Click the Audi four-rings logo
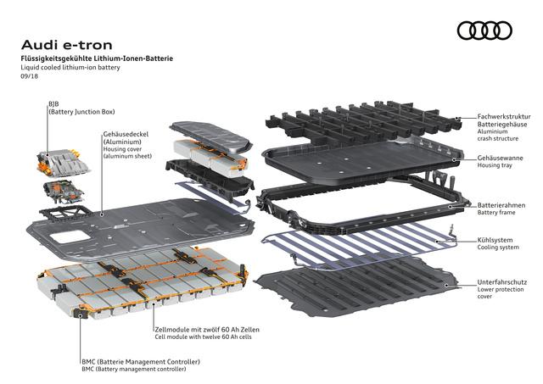484,31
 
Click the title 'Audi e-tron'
67,45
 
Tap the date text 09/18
30,76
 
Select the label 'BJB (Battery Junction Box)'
81,108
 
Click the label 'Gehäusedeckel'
126,134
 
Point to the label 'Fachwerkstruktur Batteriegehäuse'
504,120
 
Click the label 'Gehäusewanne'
500,159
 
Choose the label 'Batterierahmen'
501,205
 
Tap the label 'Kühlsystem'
495,240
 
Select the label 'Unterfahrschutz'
502,282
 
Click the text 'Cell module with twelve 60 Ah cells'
204,337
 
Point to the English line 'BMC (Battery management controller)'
134,369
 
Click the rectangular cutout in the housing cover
70,237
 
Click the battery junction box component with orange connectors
63,163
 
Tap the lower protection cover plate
356,287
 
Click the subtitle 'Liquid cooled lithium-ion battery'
70,68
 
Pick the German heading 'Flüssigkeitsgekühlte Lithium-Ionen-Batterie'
97,58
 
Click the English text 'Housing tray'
495,165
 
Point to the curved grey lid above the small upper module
211,136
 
